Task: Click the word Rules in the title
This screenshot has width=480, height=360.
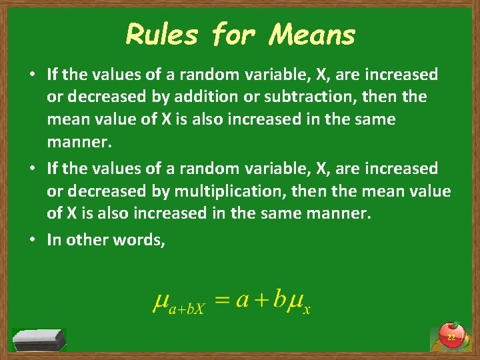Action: click(163, 34)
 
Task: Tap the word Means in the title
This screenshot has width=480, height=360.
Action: click(311, 34)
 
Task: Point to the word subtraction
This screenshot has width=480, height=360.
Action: click(305, 97)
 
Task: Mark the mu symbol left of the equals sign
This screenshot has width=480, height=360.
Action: click(160, 303)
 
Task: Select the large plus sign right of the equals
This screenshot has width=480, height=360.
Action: click(260, 301)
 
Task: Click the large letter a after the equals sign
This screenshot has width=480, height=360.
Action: click(241, 301)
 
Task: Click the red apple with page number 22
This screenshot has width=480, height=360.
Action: click(451, 336)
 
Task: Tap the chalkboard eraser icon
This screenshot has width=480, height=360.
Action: click(39, 339)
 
